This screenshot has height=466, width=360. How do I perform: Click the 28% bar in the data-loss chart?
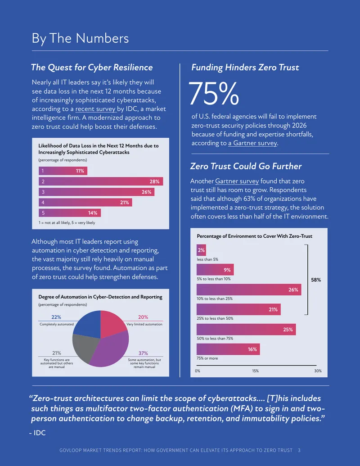[x=101, y=181]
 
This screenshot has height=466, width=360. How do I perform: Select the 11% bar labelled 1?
[x=63, y=171]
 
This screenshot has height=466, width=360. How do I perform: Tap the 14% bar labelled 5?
[x=70, y=213]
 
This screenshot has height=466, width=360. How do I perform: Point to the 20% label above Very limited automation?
[x=143, y=317]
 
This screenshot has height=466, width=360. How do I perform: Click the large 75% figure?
[x=214, y=94]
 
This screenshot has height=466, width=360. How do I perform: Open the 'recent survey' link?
[x=95, y=109]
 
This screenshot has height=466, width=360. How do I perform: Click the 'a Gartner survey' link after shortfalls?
[x=252, y=143]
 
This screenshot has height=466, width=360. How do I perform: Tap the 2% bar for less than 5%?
[x=201, y=250]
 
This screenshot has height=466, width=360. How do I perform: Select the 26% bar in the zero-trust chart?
[x=249, y=290]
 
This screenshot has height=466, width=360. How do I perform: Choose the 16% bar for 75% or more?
[x=228, y=349]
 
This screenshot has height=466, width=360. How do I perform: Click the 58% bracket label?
[x=316, y=280]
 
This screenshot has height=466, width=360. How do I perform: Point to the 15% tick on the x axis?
[x=256, y=371]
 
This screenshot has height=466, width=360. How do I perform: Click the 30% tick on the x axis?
[x=318, y=371]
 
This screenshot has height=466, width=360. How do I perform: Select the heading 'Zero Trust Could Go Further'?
[x=246, y=166]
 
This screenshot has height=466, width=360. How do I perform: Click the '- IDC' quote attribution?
[x=37, y=433]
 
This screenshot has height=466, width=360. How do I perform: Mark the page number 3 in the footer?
[x=299, y=450]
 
